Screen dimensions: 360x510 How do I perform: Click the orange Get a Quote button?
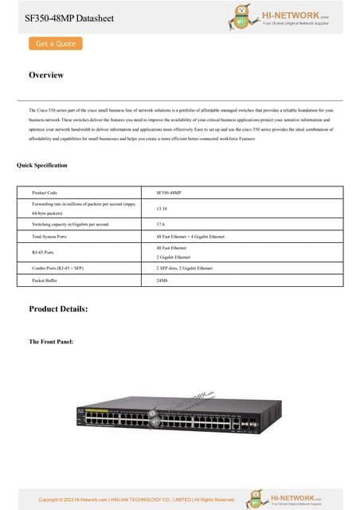click(x=56, y=44)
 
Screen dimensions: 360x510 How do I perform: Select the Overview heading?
click(x=46, y=75)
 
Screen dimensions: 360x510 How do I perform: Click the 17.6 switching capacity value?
click(x=161, y=225)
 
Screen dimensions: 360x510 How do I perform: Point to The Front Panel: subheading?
click(x=51, y=341)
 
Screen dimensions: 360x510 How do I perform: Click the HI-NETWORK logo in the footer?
click(x=287, y=498)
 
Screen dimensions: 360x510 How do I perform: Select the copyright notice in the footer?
click(x=136, y=500)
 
